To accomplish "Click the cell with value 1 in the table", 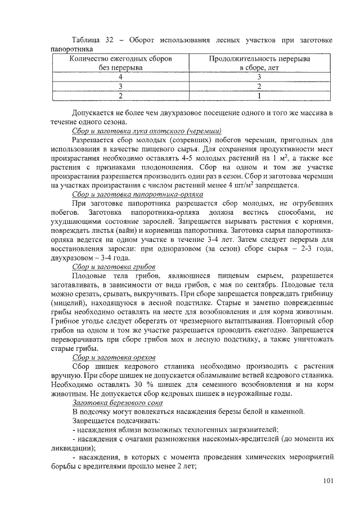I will coord(259,96).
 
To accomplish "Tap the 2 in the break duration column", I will coord(259,87).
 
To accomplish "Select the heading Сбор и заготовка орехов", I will coord(115,357).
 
